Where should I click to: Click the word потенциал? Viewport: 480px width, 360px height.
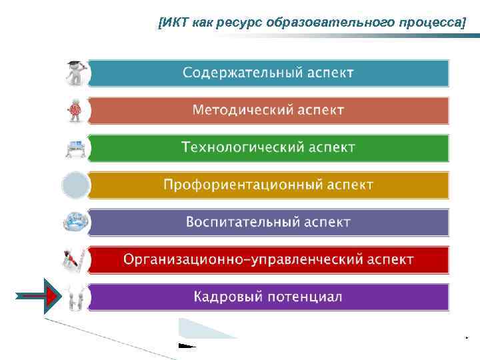305,297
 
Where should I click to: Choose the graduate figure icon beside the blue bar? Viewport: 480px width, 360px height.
75,73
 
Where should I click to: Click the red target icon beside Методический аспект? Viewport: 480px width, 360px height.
75,110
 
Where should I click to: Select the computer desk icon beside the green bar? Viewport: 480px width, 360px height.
75,147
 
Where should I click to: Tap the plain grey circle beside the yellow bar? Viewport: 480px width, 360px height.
75,185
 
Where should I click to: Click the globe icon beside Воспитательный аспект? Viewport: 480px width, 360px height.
75,222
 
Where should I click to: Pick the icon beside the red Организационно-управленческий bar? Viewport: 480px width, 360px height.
75,259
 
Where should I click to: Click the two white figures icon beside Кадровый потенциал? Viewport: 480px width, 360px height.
75,297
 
